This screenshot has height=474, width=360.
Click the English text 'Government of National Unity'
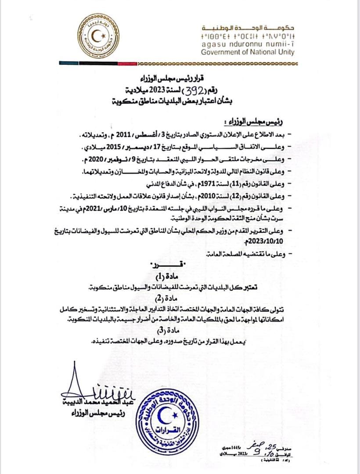point(248,52)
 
